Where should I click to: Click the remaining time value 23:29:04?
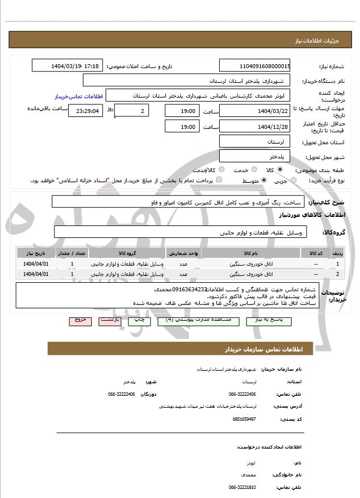[86, 111]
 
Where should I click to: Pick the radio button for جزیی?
[293, 181]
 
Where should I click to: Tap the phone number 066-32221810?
[242, 487]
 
